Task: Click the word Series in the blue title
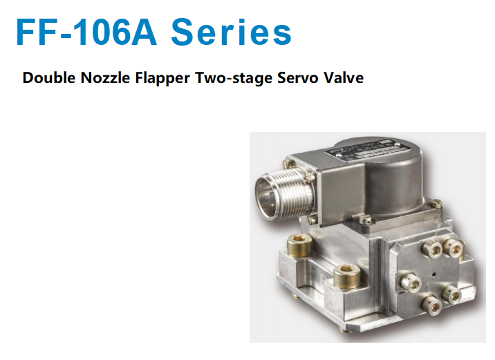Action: [232, 32]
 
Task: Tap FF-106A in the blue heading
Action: [86, 32]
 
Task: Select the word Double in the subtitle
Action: [49, 77]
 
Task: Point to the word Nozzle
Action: [106, 77]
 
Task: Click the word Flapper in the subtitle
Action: [162, 78]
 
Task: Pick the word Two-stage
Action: [234, 78]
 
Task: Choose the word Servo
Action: [298, 77]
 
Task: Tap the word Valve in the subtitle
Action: [344, 77]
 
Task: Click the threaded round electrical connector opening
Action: [270, 195]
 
